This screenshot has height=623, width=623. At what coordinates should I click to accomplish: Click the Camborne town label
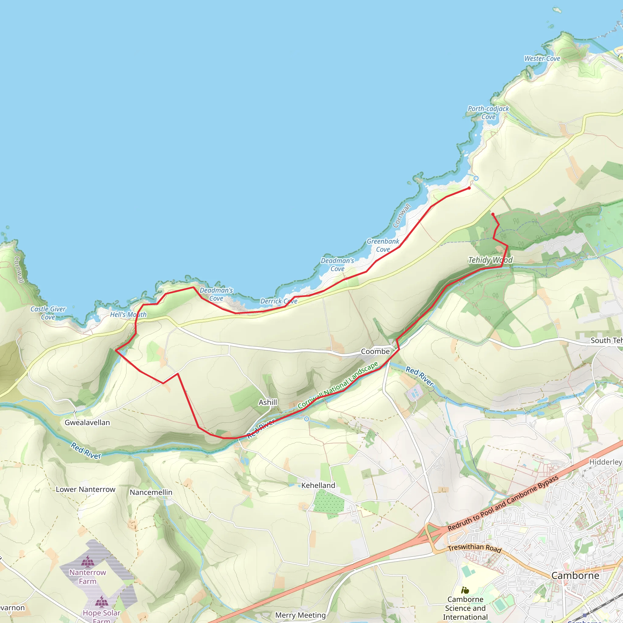(x=575, y=576)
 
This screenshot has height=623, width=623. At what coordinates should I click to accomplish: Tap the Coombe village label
(x=375, y=351)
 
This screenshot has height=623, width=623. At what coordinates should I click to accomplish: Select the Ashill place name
(x=268, y=402)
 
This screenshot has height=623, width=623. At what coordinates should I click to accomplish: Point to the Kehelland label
(x=318, y=486)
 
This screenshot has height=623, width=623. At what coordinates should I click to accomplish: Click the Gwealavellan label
(x=87, y=423)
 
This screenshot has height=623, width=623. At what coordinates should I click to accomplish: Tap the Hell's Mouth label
(x=128, y=315)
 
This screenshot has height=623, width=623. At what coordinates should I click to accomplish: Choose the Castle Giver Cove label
(x=48, y=313)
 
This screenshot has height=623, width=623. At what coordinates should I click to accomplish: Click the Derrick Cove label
(x=279, y=301)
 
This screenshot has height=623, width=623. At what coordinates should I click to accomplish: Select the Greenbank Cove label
(x=383, y=245)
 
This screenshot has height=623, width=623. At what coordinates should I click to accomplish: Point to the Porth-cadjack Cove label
(x=488, y=113)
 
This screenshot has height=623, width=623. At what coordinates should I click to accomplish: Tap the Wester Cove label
(x=542, y=59)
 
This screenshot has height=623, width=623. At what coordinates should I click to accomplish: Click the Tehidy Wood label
(x=490, y=260)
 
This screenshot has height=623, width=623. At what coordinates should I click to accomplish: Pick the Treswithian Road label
(x=474, y=548)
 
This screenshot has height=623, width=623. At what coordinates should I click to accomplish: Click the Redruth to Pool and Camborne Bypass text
(x=503, y=503)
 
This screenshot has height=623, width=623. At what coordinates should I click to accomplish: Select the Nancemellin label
(x=151, y=492)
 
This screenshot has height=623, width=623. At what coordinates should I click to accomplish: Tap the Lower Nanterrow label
(x=85, y=489)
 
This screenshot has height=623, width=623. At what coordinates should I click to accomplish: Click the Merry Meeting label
(x=300, y=615)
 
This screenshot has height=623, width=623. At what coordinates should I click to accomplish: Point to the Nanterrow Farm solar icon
(x=88, y=562)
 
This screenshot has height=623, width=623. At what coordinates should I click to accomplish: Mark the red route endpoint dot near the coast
(x=469, y=188)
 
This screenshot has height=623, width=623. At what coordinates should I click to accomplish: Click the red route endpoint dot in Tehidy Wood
(x=493, y=214)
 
